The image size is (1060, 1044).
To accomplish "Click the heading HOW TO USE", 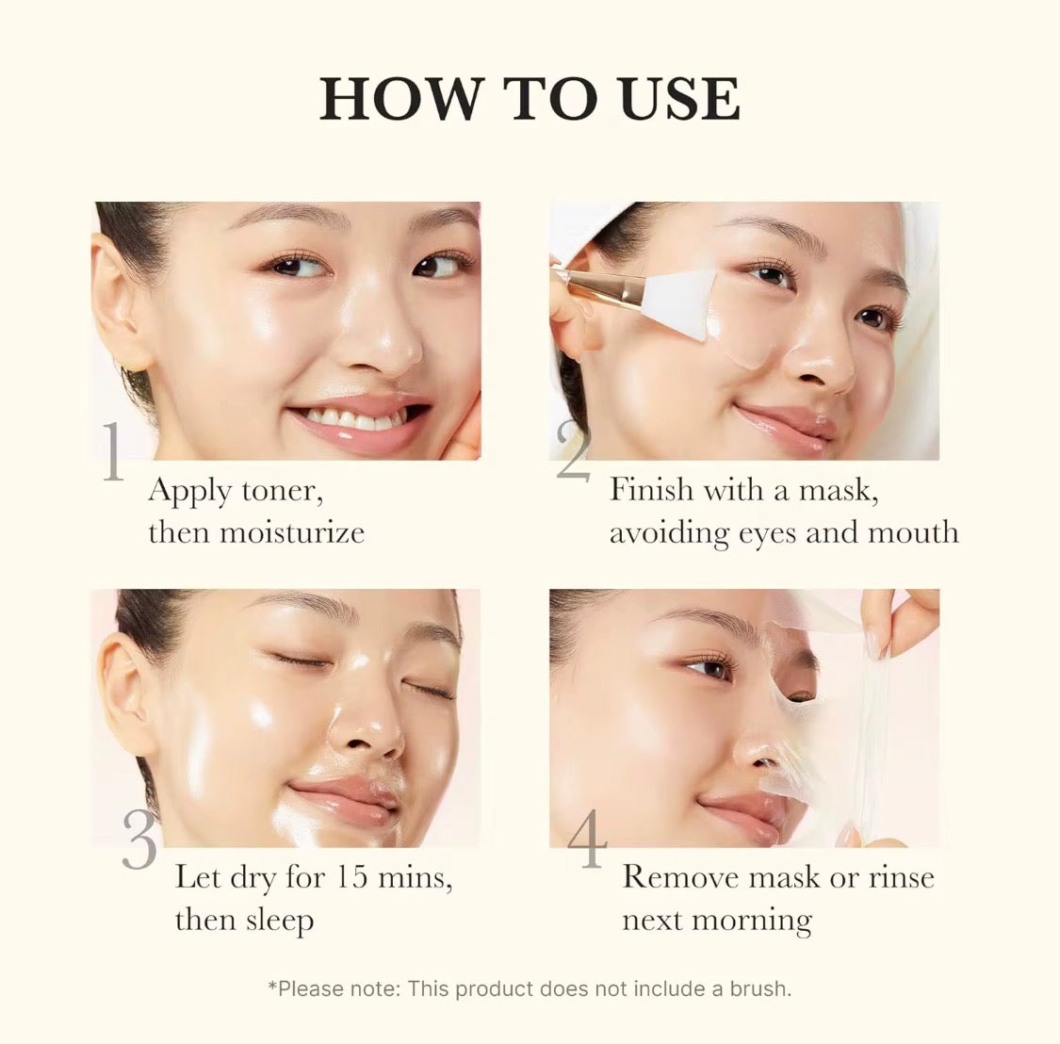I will tap(530, 99).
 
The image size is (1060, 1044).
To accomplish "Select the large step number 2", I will tap(573, 450).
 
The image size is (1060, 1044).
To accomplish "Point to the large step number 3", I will tap(139, 840).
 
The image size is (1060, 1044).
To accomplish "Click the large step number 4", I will tap(586, 840).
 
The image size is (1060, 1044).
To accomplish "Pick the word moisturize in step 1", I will tap(291, 532).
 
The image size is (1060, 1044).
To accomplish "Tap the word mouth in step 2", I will tap(912, 532).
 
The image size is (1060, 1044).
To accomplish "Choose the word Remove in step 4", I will tap(680, 877).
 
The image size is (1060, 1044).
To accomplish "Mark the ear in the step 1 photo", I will tap(120, 302).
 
